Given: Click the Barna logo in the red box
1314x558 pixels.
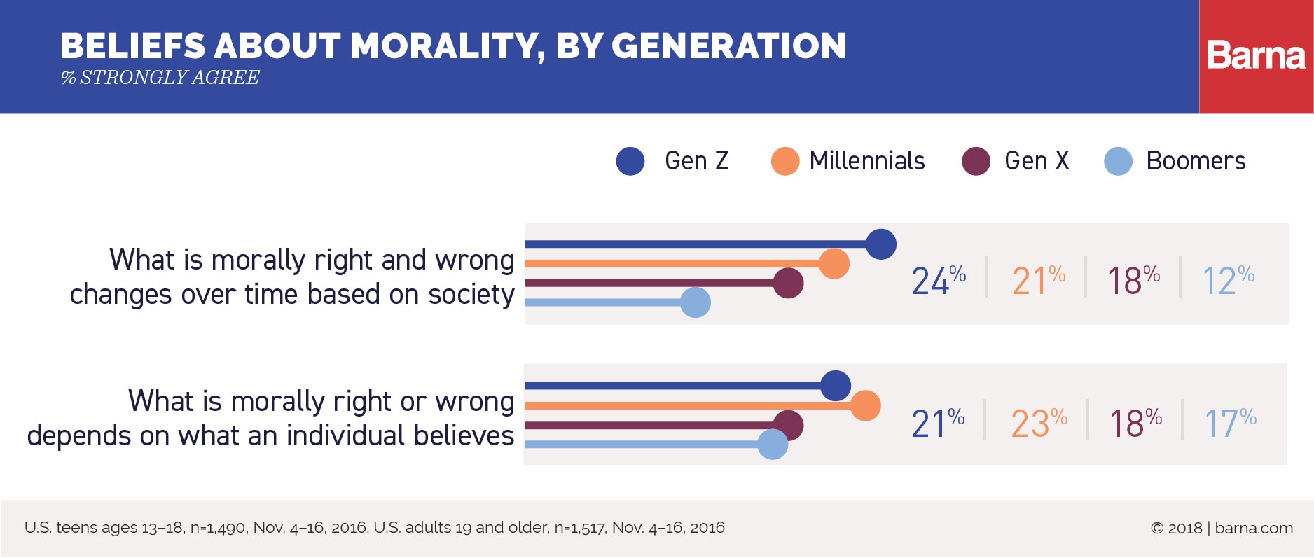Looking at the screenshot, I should click(1256, 56).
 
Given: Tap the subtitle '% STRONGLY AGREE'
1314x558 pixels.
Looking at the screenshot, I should click(160, 77).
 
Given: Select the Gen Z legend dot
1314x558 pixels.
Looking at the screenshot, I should click(630, 161).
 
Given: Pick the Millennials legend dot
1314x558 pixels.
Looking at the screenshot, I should click(784, 161).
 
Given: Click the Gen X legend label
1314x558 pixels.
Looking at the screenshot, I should click(1037, 161).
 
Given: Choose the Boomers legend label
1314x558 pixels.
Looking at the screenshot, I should click(1196, 161).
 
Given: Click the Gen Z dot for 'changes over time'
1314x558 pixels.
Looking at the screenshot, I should click(881, 244).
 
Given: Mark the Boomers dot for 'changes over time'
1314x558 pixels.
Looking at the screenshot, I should click(696, 302).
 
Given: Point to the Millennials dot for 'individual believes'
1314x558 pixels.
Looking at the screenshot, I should click(865, 405).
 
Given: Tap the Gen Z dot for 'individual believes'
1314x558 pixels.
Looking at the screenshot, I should click(836, 386).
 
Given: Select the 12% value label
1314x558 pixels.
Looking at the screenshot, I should click(1228, 280).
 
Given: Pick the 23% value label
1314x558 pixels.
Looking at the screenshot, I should click(1039, 423).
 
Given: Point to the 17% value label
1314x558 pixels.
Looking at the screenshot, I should click(1230, 423).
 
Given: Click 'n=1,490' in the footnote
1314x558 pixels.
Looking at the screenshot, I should click(219, 528).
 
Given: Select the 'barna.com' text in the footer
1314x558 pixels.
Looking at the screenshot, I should click(1254, 529).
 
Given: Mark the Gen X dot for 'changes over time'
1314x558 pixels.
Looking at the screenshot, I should click(789, 283).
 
